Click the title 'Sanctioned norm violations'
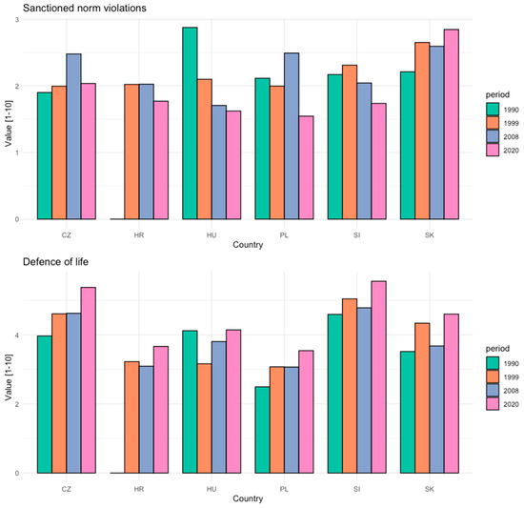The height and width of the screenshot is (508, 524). (78, 9)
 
